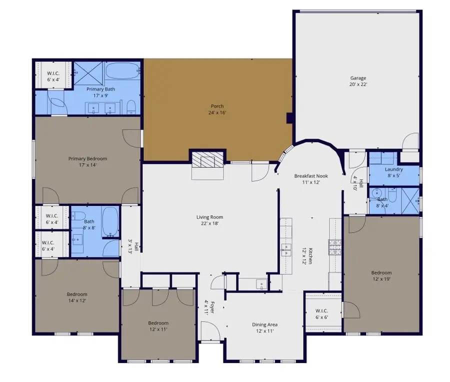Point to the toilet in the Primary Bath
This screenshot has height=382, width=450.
(x=131, y=106)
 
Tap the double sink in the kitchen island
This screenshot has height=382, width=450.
(x=286, y=248)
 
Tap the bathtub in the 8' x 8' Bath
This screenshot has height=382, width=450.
(x=110, y=222)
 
